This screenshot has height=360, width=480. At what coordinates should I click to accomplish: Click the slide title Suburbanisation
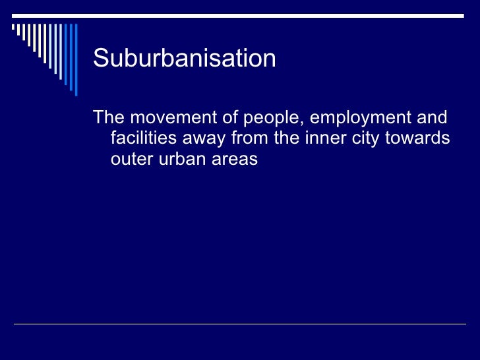point(184,59)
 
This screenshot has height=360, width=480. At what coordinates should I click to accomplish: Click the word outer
point(133,160)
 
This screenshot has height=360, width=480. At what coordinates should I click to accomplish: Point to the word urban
point(181,160)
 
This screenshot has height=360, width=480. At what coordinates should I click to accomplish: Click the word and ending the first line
point(432,119)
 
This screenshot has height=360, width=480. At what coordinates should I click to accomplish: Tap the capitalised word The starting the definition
point(108,119)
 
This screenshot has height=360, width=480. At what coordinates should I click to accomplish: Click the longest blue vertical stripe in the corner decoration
point(75,59)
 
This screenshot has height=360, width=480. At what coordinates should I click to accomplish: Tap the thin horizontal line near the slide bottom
point(240,324)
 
